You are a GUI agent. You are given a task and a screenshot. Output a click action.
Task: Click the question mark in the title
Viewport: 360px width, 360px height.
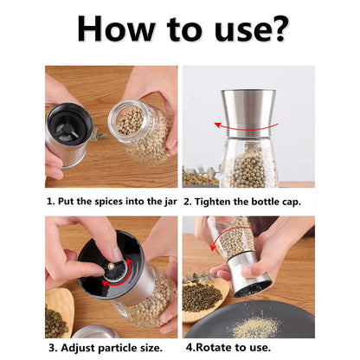277,29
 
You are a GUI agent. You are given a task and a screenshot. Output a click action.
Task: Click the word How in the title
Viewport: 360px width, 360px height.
116,29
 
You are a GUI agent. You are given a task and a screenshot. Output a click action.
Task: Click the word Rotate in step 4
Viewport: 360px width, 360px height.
214,347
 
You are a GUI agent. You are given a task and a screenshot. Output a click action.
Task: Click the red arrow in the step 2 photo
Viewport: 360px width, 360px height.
246,128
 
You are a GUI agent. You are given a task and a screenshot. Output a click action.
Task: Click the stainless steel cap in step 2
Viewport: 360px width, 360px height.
248,113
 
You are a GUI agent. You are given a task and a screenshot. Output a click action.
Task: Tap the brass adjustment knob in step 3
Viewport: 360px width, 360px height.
111,266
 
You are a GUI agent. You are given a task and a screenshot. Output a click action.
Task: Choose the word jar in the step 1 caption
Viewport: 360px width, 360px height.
170,202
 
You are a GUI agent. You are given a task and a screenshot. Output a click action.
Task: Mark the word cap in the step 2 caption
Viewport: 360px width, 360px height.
292,202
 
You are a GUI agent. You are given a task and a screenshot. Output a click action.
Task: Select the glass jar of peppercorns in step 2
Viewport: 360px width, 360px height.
248,162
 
